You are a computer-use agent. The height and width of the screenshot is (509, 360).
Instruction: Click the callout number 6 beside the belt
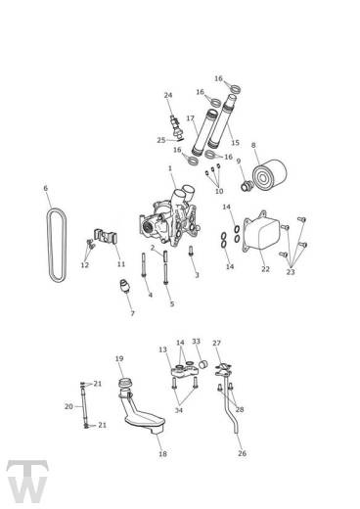click(45, 188)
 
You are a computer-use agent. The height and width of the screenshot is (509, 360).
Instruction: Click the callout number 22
click(265, 268)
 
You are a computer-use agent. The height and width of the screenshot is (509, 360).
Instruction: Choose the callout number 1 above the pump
click(169, 168)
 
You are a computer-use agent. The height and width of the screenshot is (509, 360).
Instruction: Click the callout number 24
click(168, 95)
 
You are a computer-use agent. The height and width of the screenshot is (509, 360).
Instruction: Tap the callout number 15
click(235, 142)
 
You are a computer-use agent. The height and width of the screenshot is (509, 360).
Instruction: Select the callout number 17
click(191, 118)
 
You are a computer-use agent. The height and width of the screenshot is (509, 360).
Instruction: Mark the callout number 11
click(121, 264)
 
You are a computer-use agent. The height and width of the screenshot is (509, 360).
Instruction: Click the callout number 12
click(85, 265)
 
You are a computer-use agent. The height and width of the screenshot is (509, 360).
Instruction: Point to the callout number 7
click(132, 313)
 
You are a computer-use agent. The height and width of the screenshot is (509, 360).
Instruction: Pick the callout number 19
click(119, 358)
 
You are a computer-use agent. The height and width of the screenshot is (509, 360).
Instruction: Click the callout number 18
click(163, 454)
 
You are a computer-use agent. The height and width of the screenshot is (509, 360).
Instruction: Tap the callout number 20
click(68, 405)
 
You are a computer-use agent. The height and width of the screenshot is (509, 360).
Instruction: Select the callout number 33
click(196, 341)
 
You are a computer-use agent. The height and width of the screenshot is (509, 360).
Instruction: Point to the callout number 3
click(196, 275)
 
